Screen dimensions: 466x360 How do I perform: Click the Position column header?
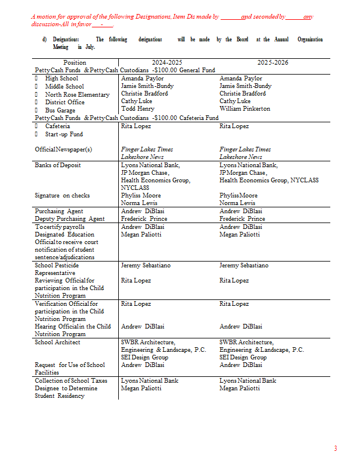pos(75,62)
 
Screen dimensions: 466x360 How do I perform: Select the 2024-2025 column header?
pos(167,62)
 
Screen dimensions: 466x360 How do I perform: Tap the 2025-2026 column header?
pos(273,62)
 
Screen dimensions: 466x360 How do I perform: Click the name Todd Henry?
pos(137,109)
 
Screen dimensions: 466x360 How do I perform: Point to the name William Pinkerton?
pos(245,109)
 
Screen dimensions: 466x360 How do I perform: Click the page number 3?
pos(335,448)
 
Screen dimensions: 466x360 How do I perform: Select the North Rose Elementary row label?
pos(77,94)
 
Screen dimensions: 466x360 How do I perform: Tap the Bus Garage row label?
pos(60,110)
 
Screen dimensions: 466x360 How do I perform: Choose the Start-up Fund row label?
pos(64,134)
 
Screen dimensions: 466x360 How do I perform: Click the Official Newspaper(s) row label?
pos(63,149)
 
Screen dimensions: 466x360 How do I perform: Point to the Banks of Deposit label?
pos(58,165)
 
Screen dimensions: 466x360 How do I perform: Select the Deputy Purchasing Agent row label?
pos(69,219)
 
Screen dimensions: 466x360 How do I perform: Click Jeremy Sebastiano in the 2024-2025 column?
pos(146,266)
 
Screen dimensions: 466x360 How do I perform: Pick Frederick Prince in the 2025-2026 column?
pos(242,219)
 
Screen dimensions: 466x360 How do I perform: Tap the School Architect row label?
pos(58,343)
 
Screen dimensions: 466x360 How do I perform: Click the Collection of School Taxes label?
pos(70,381)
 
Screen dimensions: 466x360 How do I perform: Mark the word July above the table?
pos(89,47)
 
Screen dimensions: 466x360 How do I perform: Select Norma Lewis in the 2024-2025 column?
pos(140,203)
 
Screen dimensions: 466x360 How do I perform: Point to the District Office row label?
pos(65,103)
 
